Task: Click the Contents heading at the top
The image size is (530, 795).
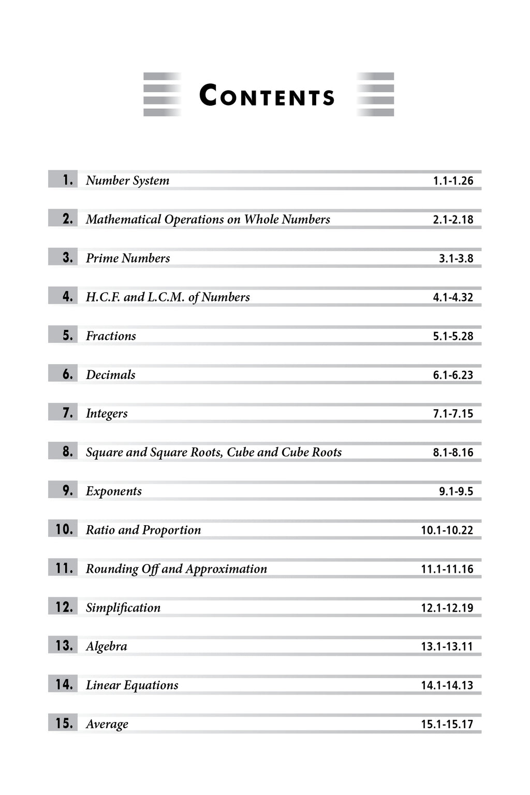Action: click(267, 96)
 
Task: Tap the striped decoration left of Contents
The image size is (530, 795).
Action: click(162, 94)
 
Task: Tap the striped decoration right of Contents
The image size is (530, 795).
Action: click(375, 94)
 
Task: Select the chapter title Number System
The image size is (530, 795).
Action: click(127, 180)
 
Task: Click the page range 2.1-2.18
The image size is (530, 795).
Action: click(453, 220)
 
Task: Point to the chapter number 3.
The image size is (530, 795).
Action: click(67, 257)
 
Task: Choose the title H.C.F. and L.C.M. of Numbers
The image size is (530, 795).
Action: click(168, 297)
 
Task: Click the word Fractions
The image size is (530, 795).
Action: click(111, 336)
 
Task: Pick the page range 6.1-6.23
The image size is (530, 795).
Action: click(453, 375)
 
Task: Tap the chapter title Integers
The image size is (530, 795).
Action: click(107, 413)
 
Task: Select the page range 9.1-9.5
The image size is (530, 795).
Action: click(456, 491)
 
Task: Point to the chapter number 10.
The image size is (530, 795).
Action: click(64, 529)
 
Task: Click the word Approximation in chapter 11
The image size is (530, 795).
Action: click(226, 569)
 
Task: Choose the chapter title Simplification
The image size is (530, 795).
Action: click(123, 608)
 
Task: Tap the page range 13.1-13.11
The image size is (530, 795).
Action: click(447, 646)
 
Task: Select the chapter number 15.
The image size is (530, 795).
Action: click(64, 723)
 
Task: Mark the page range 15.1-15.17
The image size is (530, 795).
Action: click(447, 724)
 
